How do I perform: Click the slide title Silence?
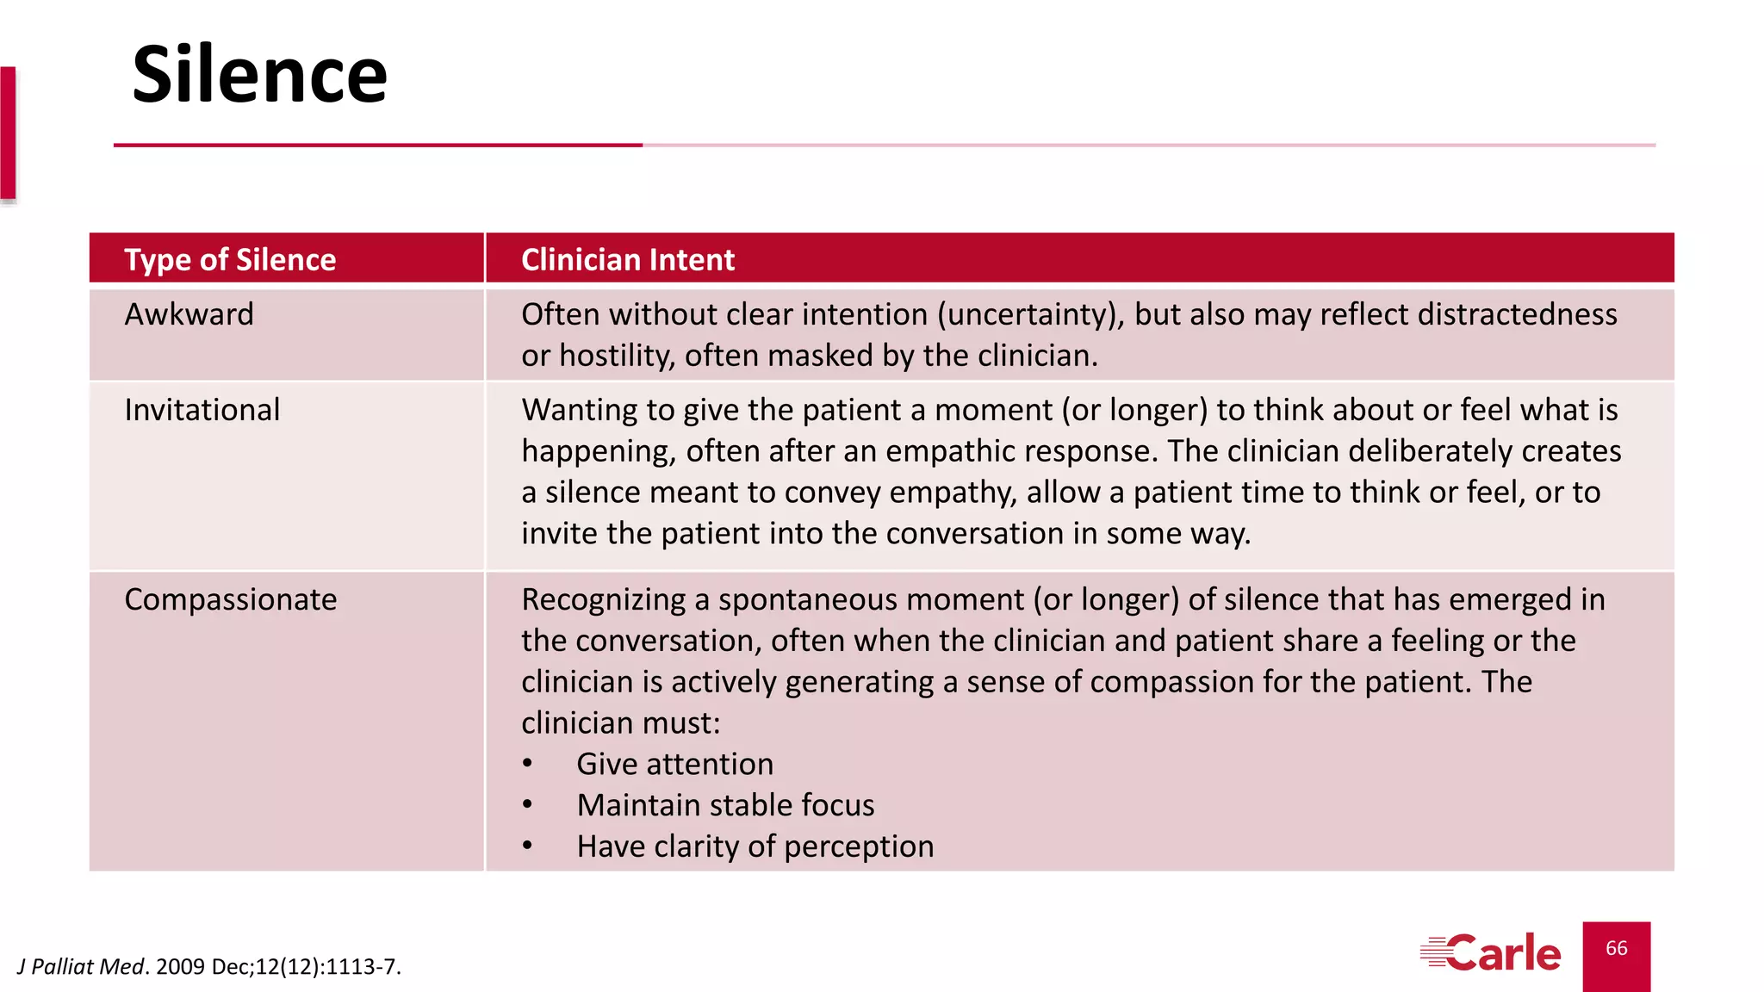[x=259, y=76]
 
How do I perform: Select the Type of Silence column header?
[x=230, y=260]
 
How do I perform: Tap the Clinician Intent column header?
[x=627, y=260]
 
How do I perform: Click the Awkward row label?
[x=189, y=314]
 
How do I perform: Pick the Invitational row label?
[x=202, y=410]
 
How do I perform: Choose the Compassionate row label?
[x=230, y=599]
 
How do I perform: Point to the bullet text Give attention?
[x=674, y=764]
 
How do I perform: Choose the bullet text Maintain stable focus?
[x=725, y=805]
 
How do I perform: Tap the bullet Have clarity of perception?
[x=755, y=846]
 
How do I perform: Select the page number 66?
[x=1616, y=948]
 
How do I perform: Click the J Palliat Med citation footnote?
[x=209, y=967]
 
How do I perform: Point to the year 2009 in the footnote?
[x=180, y=967]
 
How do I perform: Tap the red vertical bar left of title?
[x=8, y=133]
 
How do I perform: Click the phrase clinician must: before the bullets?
[x=620, y=723]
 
